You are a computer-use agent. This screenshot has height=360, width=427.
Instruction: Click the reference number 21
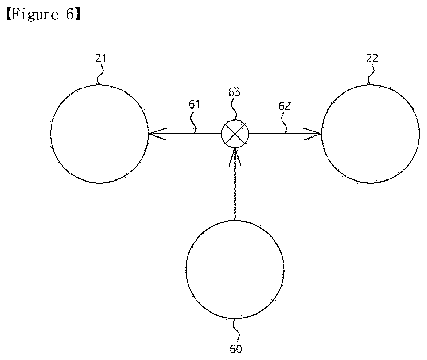tap(101, 58)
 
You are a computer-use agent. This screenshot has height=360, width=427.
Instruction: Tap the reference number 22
tap(372, 58)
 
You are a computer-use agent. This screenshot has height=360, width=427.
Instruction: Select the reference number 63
tap(234, 92)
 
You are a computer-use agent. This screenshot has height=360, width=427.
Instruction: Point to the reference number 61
tap(194, 104)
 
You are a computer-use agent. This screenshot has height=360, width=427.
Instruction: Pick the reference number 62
tap(284, 106)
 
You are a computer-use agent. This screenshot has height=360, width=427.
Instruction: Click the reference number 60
tap(236, 349)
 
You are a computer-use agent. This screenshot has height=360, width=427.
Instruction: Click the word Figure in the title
tap(35, 15)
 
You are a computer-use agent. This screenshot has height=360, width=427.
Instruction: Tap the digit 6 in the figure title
tap(70, 14)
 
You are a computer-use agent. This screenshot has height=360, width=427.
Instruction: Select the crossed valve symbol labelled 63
tap(235, 134)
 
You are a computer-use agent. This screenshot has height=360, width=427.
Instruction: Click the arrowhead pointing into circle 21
tap(157, 134)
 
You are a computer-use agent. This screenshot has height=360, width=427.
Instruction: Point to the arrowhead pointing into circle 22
tap(312, 134)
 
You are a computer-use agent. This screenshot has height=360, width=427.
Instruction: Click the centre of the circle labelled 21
tap(100, 134)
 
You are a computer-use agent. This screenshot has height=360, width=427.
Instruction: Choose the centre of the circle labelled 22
tap(371, 134)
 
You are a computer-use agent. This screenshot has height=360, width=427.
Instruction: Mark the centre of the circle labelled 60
tap(235, 270)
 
